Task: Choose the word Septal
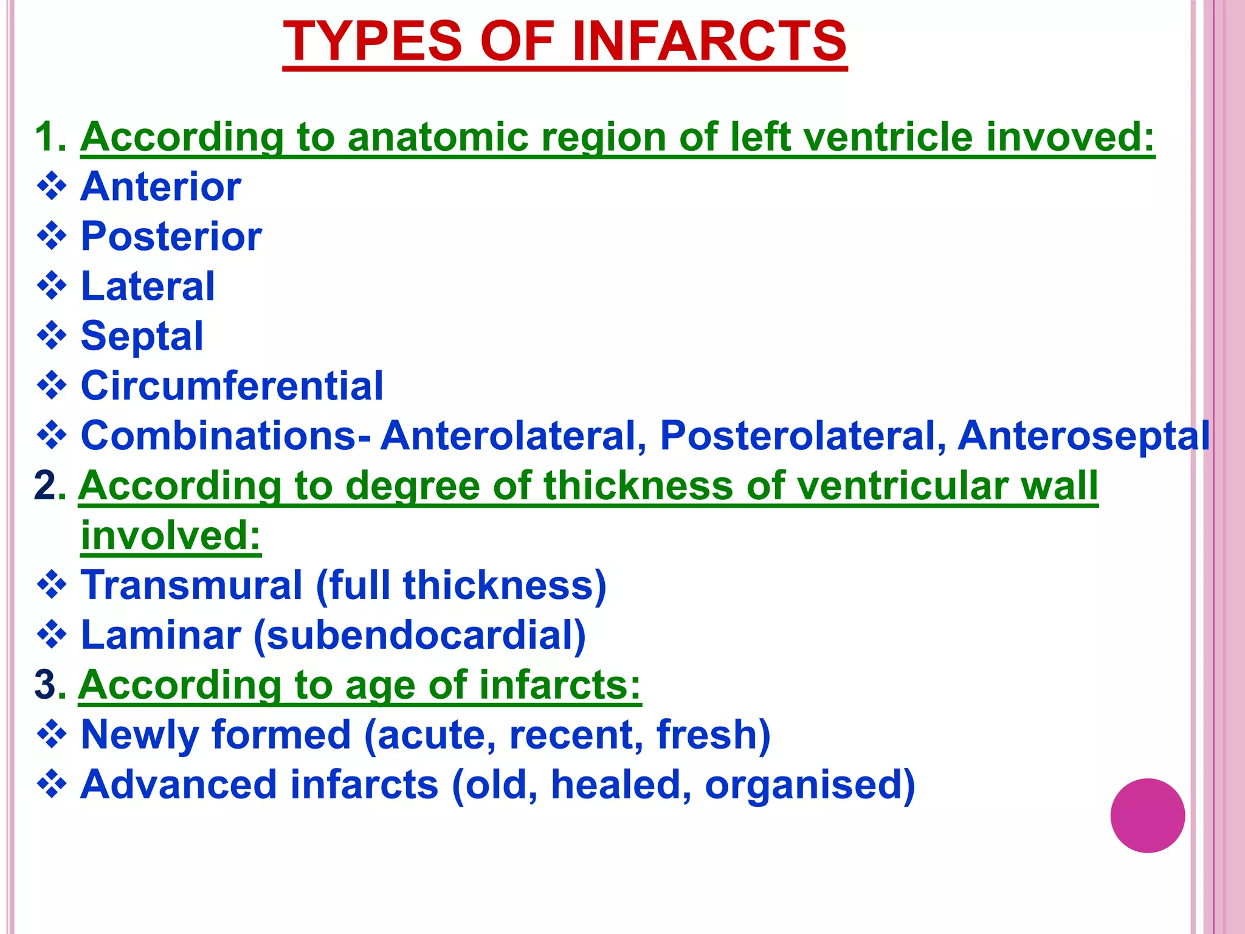pos(142,336)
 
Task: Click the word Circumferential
pos(232,386)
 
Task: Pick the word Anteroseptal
pos(1084,435)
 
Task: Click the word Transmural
pos(191,585)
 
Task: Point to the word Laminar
pos(161,635)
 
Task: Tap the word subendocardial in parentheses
pos(419,635)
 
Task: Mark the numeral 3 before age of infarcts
pos(46,685)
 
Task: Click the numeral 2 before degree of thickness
pos(46,485)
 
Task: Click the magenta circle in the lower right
pos(1147,815)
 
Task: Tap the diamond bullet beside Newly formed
pos(52,734)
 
